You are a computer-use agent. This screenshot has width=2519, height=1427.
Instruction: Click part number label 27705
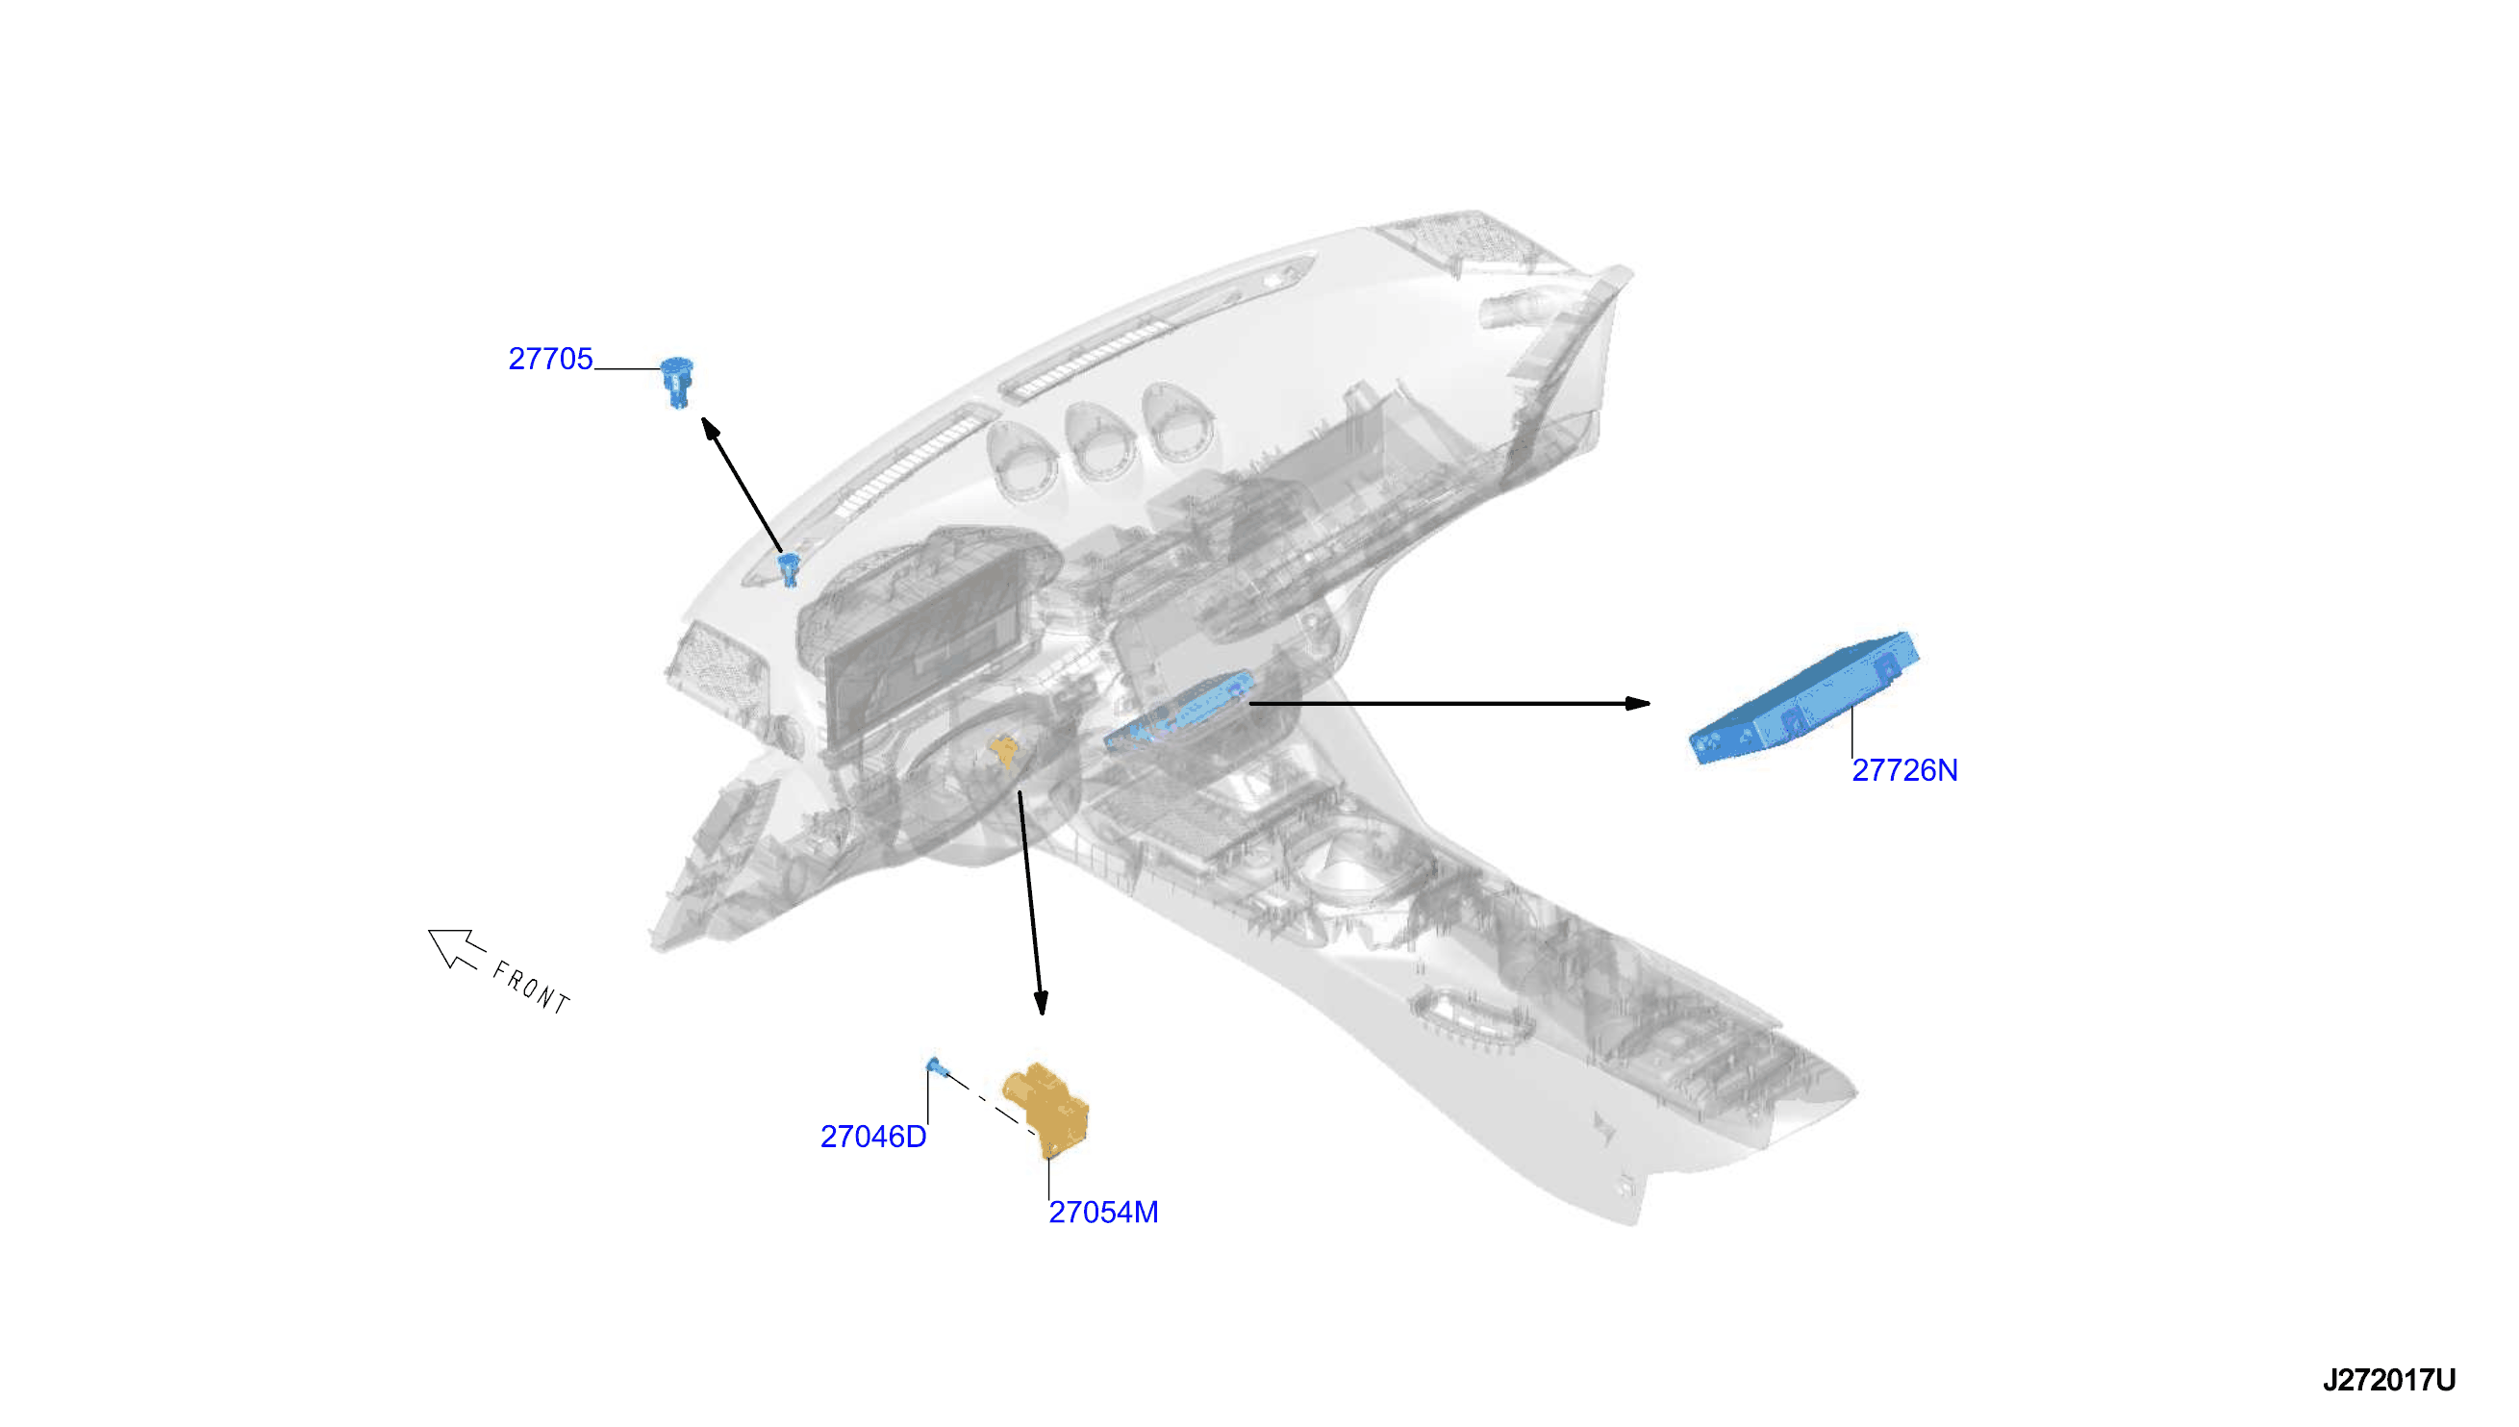pyautogui.click(x=550, y=359)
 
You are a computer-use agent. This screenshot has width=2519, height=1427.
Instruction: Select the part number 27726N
pyautogui.click(x=1903, y=770)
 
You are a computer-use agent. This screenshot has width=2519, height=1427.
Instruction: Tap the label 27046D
pyautogui.click(x=872, y=1137)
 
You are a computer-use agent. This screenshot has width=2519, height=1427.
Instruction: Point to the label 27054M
pyautogui.click(x=1102, y=1213)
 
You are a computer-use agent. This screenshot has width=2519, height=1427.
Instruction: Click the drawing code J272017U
pyautogui.click(x=2388, y=1380)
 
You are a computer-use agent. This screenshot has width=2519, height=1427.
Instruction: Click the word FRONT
pyautogui.click(x=531, y=988)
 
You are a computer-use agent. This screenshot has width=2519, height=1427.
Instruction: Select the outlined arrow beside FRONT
pyautogui.click(x=456, y=947)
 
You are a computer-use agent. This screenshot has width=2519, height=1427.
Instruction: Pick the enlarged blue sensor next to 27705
pyautogui.click(x=676, y=383)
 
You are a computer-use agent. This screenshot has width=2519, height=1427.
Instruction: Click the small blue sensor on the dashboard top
pyautogui.click(x=789, y=569)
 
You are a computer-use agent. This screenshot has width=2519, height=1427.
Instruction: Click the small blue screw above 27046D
pyautogui.click(x=936, y=1067)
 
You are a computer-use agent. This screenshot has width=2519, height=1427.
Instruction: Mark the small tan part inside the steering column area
pyautogui.click(x=1004, y=752)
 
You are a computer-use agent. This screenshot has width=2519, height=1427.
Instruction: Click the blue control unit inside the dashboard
pyautogui.click(x=1179, y=710)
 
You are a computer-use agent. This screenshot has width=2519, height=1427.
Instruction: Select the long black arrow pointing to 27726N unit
pyautogui.click(x=1449, y=703)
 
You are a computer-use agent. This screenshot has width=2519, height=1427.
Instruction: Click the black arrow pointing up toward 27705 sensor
pyautogui.click(x=742, y=486)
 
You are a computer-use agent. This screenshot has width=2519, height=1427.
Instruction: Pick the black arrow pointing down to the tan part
pyautogui.click(x=1031, y=903)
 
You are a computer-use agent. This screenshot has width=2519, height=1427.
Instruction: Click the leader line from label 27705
pyautogui.click(x=627, y=368)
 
